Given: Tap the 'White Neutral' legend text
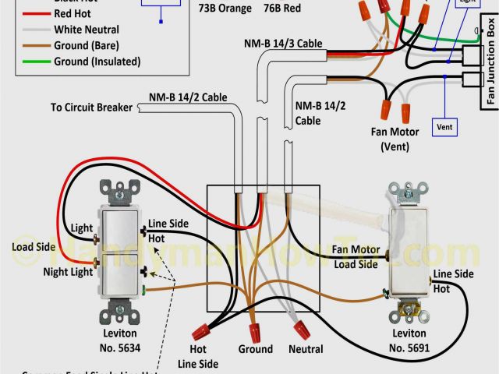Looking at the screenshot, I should [x=87, y=30].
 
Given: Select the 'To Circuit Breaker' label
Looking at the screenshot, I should [x=92, y=107].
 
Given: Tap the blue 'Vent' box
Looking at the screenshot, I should [x=444, y=126].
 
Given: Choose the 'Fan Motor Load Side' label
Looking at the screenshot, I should [x=355, y=257].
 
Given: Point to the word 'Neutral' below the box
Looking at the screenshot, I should [x=305, y=349].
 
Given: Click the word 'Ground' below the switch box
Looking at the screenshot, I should [x=256, y=349].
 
